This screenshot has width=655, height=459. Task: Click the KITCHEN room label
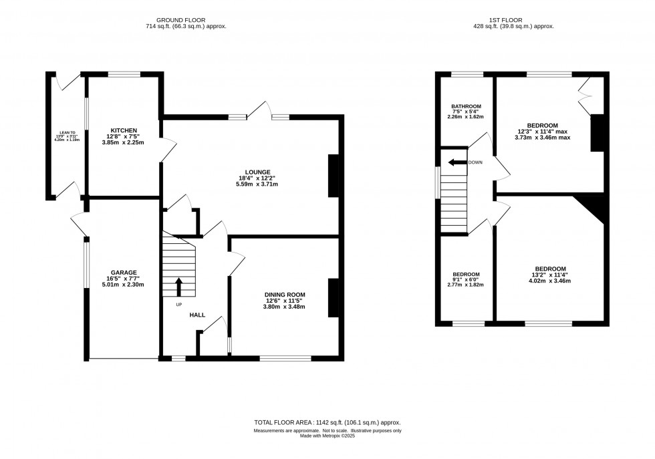coord(124,130)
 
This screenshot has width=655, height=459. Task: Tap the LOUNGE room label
coord(257,172)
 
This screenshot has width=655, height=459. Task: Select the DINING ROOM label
coord(285,295)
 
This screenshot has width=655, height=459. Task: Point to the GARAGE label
coord(124,272)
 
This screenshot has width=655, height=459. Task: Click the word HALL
coord(197,315)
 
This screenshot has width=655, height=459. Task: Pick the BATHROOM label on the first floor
coord(466,106)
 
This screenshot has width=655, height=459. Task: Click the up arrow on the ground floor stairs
coord(178,286)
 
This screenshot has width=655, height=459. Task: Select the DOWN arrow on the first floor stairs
coord(457,162)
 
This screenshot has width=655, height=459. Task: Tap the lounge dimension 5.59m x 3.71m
coord(257,184)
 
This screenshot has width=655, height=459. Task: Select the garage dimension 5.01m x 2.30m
coord(124,285)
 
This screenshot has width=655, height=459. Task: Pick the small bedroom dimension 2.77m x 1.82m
coord(466,285)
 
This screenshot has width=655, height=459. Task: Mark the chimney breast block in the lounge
coord(333,176)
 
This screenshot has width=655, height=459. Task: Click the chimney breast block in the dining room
coord(332,297)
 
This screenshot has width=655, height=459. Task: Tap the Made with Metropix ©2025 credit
coord(327,436)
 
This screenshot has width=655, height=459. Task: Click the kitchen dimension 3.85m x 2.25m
coord(124,143)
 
